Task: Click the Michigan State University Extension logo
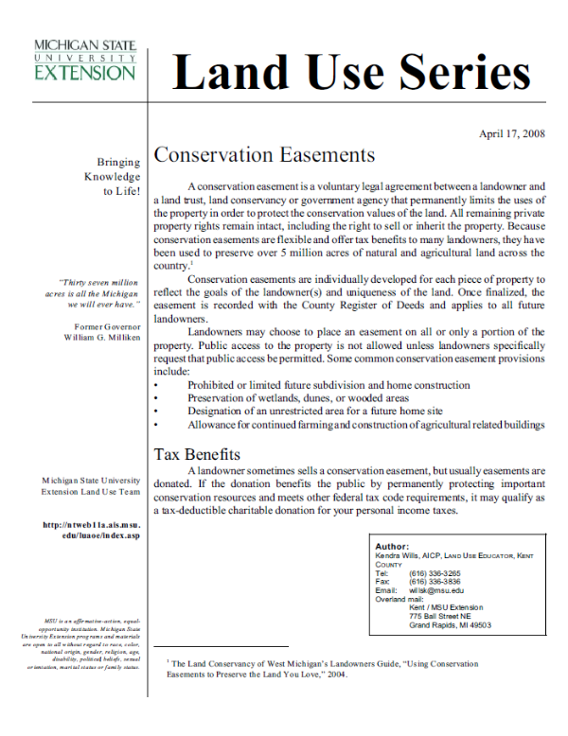click(84, 60)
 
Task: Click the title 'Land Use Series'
click(350, 73)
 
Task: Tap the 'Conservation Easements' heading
click(264, 155)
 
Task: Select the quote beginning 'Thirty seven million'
click(98, 294)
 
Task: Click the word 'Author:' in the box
click(392, 547)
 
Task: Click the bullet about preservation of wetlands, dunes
click(288, 398)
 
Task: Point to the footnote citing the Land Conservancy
click(322, 669)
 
